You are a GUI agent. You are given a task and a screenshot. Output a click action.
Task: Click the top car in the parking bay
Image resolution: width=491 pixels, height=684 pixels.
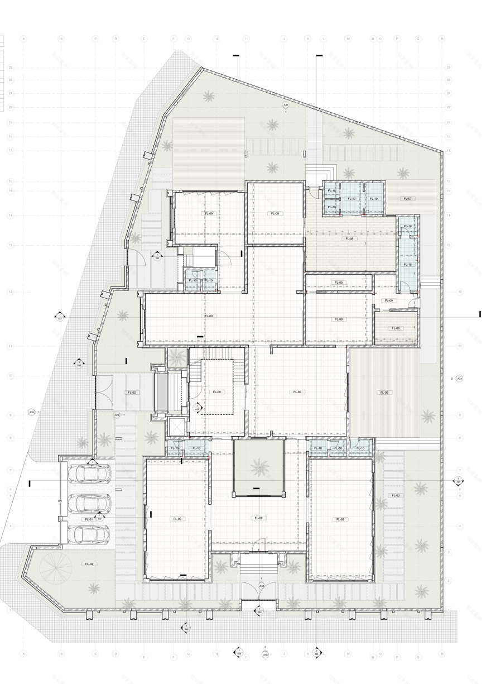[89, 474]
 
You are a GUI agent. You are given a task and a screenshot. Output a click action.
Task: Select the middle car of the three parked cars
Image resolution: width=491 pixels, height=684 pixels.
[89, 503]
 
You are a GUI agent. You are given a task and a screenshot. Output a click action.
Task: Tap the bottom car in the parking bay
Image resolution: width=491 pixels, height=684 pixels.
[89, 533]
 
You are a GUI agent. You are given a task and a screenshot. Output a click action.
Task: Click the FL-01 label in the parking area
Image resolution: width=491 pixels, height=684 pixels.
[88, 519]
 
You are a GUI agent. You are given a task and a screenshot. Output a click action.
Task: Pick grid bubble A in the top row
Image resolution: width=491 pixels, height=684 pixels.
[24, 39]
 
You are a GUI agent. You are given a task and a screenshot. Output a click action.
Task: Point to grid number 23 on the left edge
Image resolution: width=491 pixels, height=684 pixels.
[11, 68]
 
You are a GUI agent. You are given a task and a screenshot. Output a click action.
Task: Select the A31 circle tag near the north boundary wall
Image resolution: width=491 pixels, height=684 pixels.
[286, 105]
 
